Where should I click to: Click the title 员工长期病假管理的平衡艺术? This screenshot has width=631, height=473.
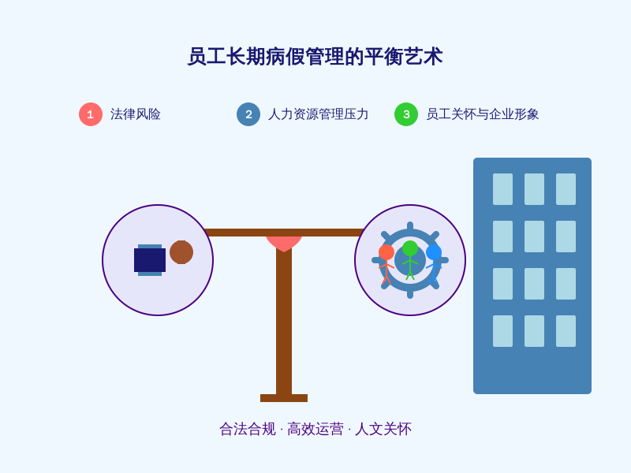click(x=315, y=56)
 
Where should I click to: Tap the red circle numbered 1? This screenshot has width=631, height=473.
click(x=91, y=114)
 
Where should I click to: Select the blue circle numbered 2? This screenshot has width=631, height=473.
click(x=248, y=114)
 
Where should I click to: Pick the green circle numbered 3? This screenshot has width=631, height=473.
click(x=406, y=114)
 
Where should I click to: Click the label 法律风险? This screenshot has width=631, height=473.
click(x=135, y=114)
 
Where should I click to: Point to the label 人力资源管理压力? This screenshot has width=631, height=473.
click(x=318, y=114)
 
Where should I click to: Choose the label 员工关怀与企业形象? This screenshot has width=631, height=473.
click(x=482, y=114)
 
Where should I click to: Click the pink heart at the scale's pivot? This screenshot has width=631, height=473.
click(x=284, y=244)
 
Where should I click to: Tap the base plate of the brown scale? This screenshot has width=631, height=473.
click(x=284, y=398)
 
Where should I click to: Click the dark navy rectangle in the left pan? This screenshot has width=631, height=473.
click(x=150, y=260)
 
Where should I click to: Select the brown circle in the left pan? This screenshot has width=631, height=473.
click(x=181, y=252)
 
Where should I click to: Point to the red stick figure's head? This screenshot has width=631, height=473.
click(x=386, y=252)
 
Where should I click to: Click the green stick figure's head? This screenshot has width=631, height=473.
click(x=410, y=248)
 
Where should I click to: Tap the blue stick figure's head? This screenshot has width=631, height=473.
click(x=434, y=252)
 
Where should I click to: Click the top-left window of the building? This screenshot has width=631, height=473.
click(x=502, y=189)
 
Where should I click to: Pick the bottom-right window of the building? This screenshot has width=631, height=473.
click(x=566, y=331)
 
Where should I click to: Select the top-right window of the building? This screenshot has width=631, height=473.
click(x=566, y=189)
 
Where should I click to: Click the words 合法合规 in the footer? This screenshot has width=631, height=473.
click(x=248, y=429)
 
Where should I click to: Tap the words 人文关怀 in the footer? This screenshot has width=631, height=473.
click(x=383, y=429)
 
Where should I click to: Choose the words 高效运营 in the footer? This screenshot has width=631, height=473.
click(x=315, y=429)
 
